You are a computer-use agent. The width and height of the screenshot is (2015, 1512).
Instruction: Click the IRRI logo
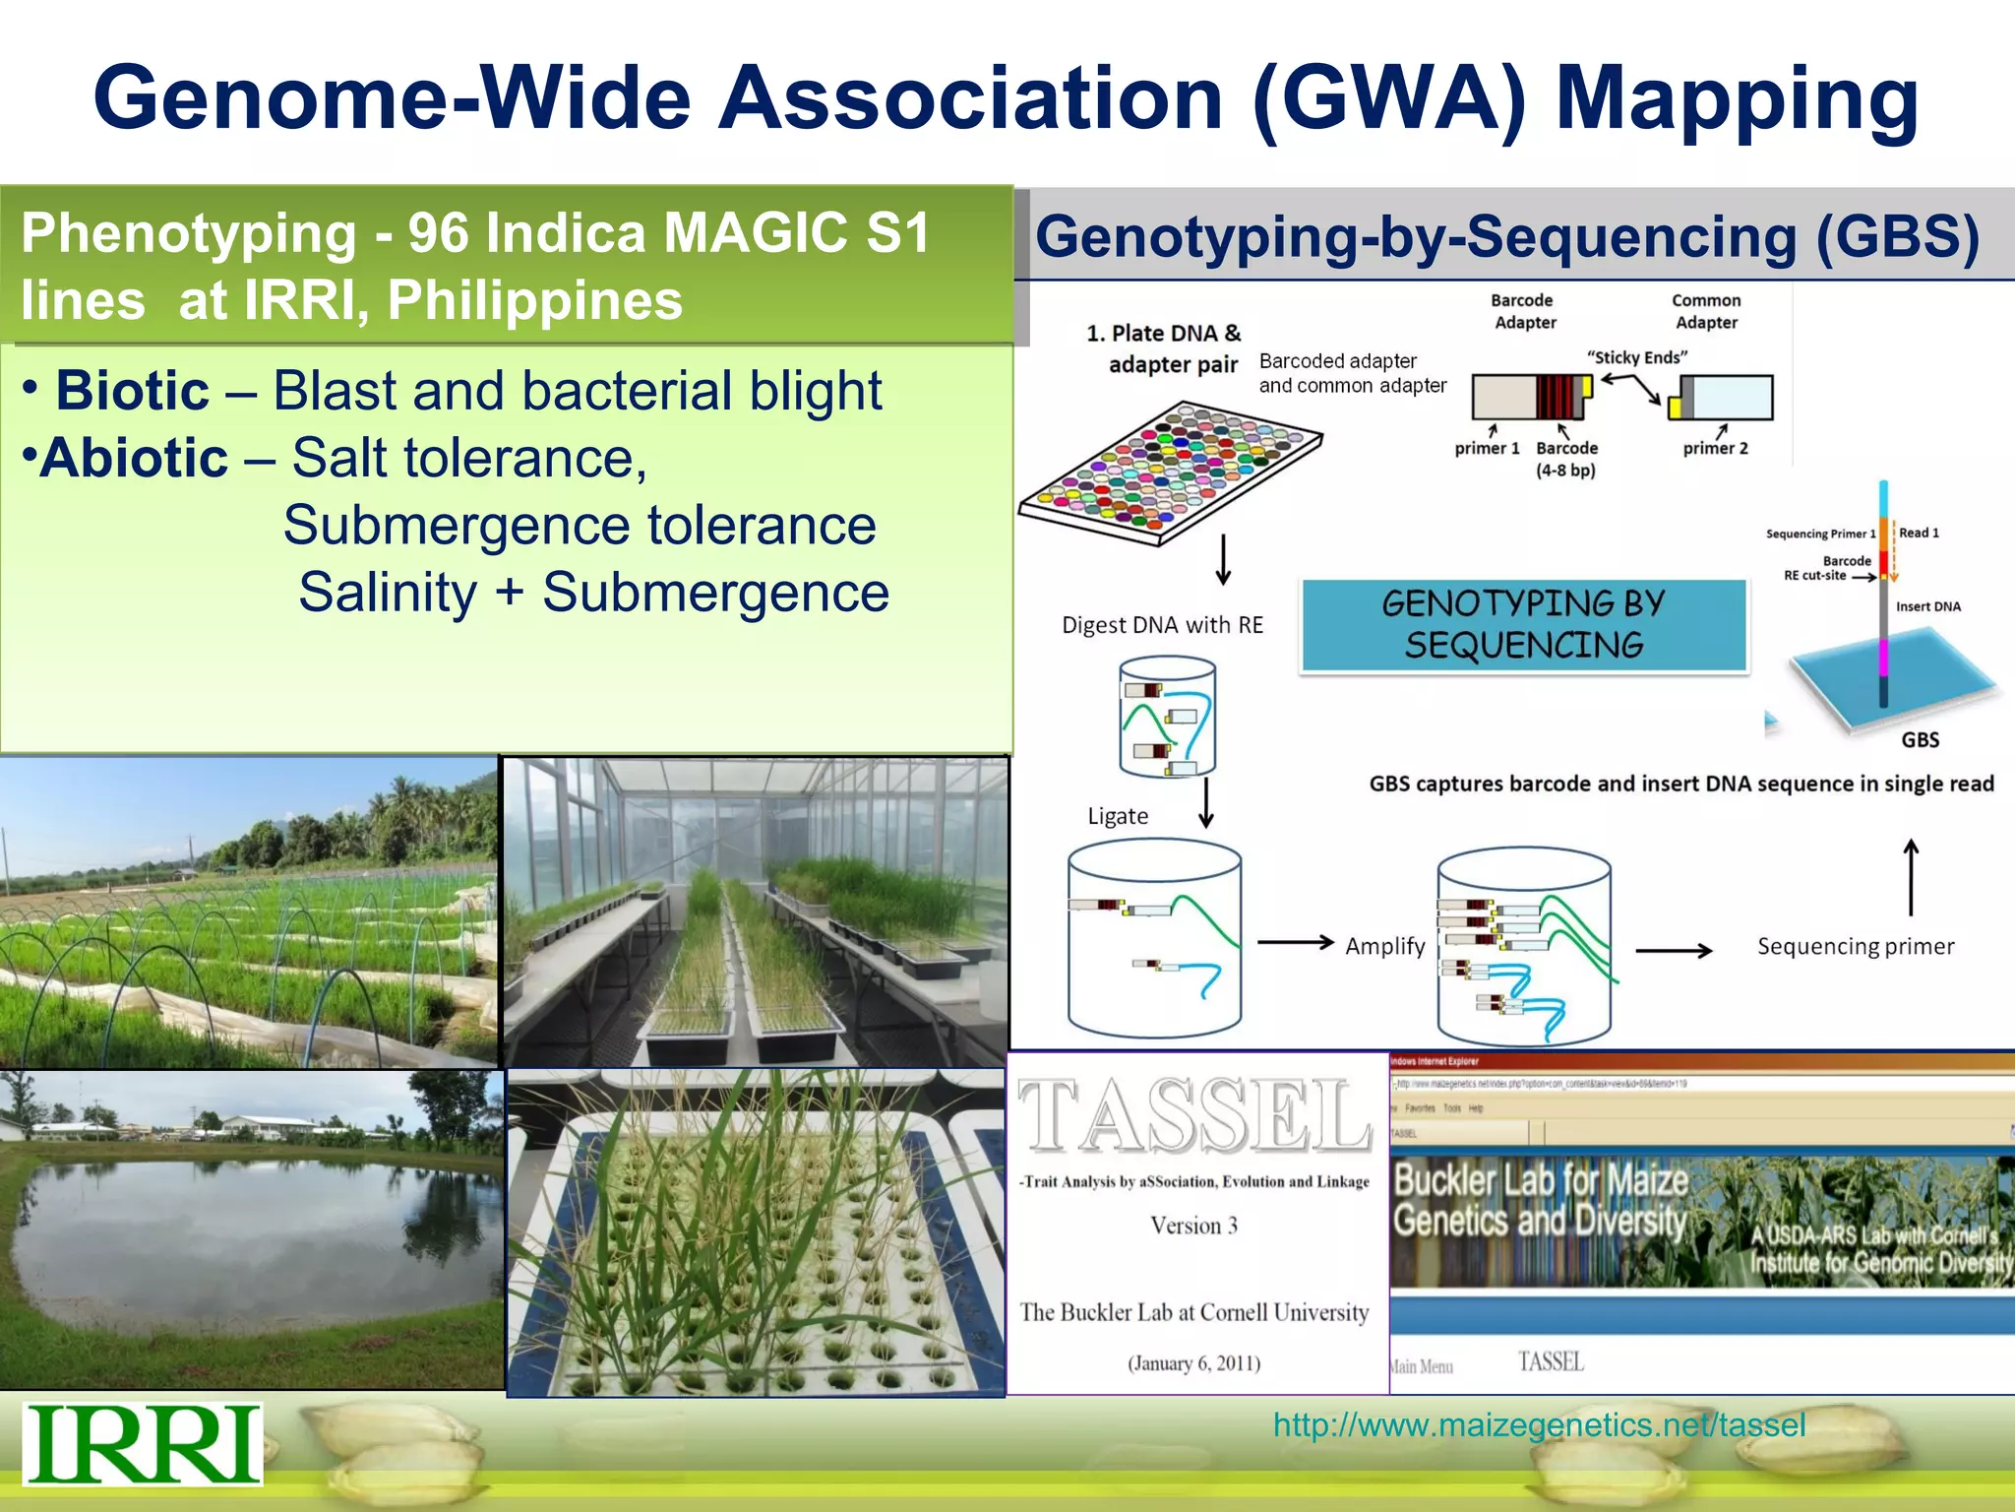pos(143,1443)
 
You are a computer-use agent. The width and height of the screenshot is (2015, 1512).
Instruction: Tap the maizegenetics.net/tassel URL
pos(1539,1424)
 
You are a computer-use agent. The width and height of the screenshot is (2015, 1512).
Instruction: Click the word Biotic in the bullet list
pos(132,391)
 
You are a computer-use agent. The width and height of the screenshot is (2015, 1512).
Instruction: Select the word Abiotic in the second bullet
pos(134,458)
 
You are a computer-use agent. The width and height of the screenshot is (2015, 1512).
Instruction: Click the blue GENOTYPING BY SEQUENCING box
pos(1523,624)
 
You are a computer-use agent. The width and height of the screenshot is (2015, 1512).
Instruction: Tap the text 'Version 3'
pos(1193,1226)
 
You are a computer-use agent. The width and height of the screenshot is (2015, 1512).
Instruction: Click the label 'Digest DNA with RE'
pos(1162,625)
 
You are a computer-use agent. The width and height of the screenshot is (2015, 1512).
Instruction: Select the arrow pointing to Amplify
pos(1295,943)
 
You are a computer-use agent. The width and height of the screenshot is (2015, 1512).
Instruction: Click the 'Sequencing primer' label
pos(1856,946)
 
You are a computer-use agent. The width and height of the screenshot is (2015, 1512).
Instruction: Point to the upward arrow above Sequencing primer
pos(1911,876)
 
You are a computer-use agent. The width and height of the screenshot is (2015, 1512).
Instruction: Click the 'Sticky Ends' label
pos(1637,357)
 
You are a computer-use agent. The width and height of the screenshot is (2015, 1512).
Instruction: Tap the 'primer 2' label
pos(1715,448)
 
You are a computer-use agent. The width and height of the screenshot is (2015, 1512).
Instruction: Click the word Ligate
pos(1118,816)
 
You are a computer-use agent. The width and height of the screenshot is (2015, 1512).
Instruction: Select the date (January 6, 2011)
pos(1193,1363)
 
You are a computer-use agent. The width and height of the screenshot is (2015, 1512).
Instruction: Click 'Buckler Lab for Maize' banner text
pos(1541,1179)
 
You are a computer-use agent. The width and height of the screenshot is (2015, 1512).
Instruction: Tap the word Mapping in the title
pos(1737,98)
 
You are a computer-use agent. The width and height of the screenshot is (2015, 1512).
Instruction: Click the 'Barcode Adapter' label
pos(1524,311)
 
